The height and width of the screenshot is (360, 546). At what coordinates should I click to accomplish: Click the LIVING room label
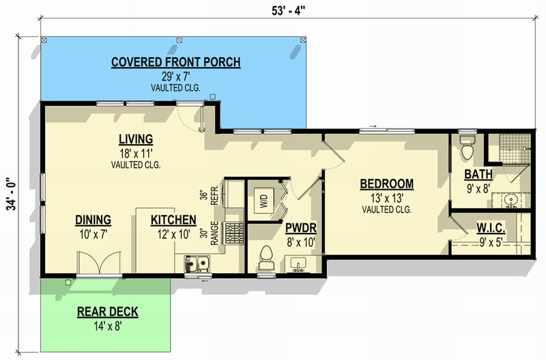coord(134,139)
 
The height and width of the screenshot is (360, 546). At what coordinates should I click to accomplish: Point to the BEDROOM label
coord(386,184)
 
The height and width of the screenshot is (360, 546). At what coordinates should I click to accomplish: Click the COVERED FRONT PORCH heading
coord(175,63)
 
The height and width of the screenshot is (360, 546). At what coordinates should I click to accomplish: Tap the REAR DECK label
coord(107,312)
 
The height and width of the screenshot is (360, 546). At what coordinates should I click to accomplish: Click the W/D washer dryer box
coord(263,202)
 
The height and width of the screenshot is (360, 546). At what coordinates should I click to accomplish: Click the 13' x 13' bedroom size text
coord(386,198)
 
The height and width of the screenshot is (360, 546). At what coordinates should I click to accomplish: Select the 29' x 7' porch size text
coord(175,77)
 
